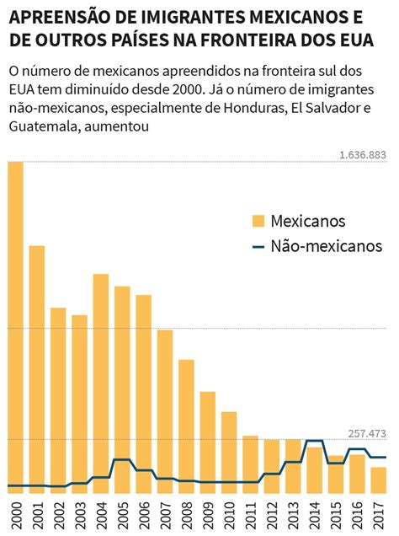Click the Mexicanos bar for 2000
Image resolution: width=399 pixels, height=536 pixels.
point(15,328)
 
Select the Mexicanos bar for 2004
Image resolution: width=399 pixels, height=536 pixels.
point(101,384)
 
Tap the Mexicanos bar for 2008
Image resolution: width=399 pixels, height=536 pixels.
point(186,426)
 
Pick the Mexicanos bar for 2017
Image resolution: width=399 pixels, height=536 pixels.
point(379,480)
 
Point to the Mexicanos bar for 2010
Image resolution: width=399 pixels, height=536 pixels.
point(229,453)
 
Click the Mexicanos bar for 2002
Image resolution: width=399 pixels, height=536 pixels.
point(58,400)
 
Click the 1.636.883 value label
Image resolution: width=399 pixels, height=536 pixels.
point(363,155)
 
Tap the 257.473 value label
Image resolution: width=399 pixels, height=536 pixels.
point(367,434)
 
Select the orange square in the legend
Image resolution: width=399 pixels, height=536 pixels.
point(258,221)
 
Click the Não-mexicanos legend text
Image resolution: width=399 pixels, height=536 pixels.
point(327,246)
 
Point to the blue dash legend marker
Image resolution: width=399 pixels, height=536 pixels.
point(258,246)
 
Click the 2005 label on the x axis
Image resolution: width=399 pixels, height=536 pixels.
point(122,515)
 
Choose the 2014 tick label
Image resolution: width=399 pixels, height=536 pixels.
point(314,515)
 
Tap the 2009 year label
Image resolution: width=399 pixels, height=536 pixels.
point(208,515)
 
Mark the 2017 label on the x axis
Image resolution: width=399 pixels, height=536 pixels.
point(379,515)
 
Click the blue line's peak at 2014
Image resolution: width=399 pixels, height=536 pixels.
point(314,441)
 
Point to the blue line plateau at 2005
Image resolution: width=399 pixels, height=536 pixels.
point(122,460)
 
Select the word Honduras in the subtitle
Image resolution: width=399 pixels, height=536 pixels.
point(254,108)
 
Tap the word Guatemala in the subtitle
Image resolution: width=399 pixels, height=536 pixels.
point(45,126)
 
